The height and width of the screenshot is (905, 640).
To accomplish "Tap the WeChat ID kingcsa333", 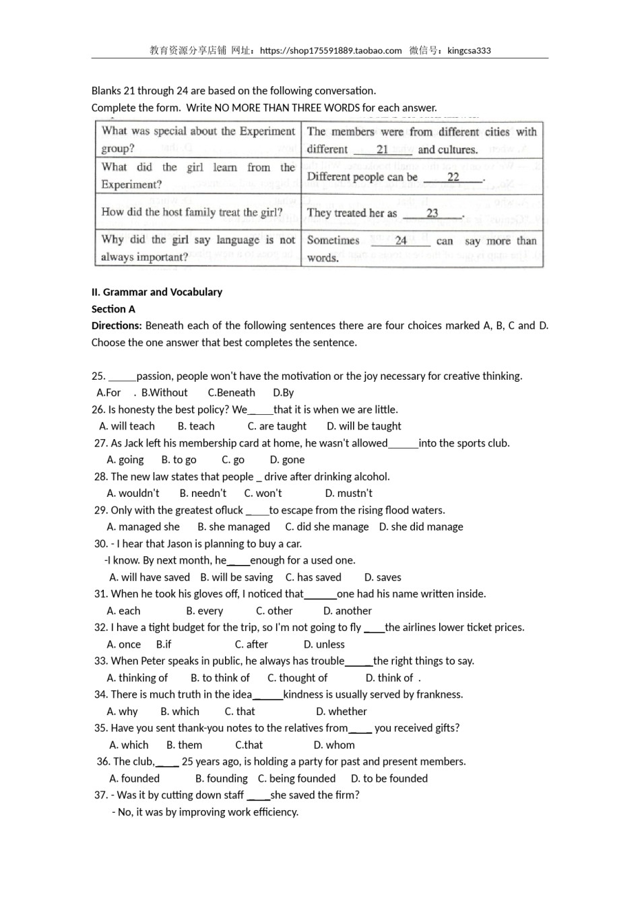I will tap(469, 51).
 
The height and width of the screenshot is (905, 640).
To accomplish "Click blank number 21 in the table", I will tap(382, 149).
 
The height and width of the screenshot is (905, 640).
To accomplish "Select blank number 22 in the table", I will tap(453, 177).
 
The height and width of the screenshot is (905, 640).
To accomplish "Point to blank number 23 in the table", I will tap(432, 213).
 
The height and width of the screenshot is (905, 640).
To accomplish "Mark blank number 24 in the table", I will tap(401, 240).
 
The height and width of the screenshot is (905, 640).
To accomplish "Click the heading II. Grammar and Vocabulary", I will tap(157, 292).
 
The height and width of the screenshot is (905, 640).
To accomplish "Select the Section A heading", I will tap(113, 309).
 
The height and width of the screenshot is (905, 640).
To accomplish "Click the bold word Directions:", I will tap(117, 326).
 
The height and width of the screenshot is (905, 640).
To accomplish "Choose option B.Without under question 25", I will tap(164, 393).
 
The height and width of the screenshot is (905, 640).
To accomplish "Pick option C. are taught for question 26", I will tap(277, 426).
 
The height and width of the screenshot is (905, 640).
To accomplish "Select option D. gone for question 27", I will tap(287, 460).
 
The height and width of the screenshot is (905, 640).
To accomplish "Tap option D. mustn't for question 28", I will tap(348, 494).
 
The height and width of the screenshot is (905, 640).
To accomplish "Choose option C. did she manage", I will tap(327, 527).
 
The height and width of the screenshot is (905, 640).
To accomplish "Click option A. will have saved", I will tap(150, 578).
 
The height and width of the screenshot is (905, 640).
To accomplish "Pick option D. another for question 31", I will tap(347, 611).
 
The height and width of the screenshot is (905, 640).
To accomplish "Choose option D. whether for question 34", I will tap(342, 712).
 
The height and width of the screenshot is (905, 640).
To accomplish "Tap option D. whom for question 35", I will tap(334, 745).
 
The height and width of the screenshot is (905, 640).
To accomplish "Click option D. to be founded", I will tap(389, 778).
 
